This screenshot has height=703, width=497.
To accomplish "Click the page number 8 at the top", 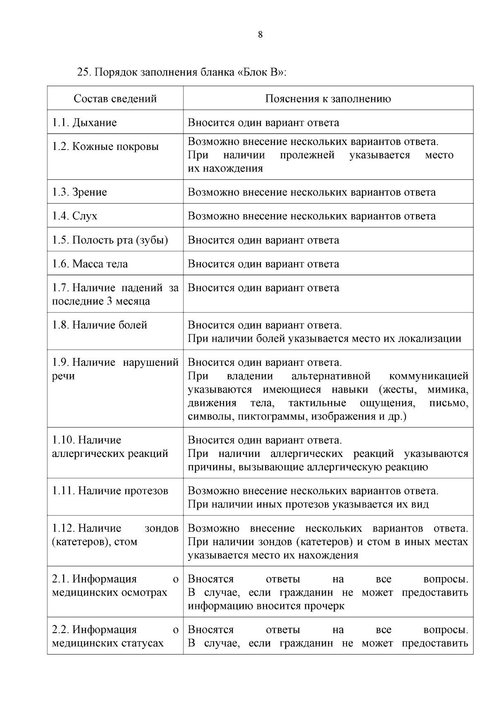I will point(260,35).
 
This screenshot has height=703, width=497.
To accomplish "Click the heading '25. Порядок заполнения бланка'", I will point(181,72).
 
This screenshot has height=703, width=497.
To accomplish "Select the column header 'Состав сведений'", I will point(115,99).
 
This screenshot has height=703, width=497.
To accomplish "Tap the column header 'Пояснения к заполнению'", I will point(328,99).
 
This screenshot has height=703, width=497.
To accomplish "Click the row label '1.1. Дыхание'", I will point(84,123).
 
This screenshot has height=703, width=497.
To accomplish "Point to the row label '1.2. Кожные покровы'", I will point(105,147).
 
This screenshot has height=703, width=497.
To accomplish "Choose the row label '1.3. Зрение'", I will point(80,192).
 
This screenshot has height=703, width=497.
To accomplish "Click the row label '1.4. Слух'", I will point(75,216).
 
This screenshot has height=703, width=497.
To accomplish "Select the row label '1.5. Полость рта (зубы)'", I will point(110,240).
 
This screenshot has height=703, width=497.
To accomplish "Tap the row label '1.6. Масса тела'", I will point(90,264).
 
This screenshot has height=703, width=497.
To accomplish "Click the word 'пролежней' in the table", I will point(307,155).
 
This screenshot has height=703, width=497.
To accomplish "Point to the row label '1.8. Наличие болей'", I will point(99,325).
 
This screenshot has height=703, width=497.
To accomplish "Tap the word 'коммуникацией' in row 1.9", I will point(429,376).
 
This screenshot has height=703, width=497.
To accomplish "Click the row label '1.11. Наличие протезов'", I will point(110,491).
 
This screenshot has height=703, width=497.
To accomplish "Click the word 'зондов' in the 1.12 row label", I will point(162,529).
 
